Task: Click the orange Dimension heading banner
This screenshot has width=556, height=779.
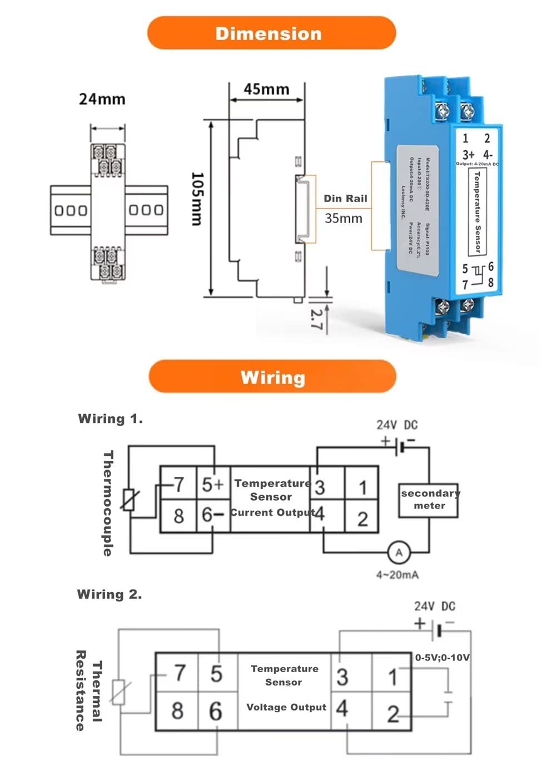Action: [271, 33]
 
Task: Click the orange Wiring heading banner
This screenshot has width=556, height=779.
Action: [272, 377]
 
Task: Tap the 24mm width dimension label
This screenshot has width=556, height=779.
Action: [102, 100]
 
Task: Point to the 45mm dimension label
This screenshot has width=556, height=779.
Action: [266, 89]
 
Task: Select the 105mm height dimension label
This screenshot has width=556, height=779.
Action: [197, 199]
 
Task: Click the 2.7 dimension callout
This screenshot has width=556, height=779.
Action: [316, 319]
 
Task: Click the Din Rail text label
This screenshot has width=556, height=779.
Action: [345, 199]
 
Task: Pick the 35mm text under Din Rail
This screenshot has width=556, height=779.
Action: [343, 218]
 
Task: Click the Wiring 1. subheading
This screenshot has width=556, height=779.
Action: [110, 419]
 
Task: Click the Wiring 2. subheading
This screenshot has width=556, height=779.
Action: [110, 594]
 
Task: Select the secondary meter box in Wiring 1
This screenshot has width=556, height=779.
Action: [429, 499]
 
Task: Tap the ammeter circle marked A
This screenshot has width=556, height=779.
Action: [398, 553]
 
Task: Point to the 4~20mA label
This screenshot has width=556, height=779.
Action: [397, 575]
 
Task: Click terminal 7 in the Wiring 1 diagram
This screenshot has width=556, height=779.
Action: [178, 485]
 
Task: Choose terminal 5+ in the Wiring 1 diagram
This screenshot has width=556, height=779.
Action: [212, 485]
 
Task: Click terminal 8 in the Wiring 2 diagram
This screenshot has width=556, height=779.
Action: [177, 711]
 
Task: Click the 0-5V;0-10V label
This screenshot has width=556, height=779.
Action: [442, 658]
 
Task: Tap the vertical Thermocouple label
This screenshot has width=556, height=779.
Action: [108, 503]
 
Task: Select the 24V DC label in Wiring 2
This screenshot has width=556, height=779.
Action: [434, 606]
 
